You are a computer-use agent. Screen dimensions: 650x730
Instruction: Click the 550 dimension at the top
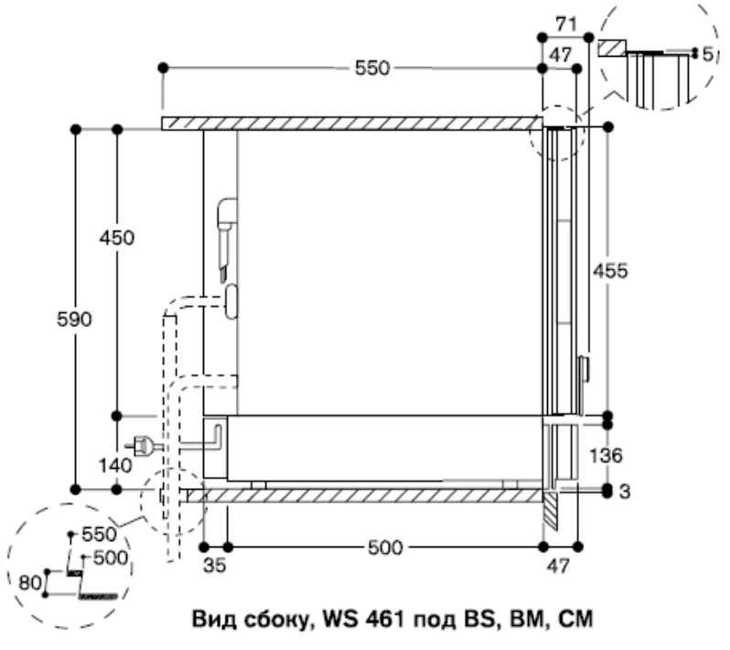[373, 67]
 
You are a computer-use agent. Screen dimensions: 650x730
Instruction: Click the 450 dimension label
[116, 238]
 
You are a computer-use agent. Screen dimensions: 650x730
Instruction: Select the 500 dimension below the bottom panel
[384, 547]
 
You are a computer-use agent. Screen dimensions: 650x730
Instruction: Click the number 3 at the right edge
[625, 492]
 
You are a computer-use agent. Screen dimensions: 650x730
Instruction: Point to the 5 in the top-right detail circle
[706, 55]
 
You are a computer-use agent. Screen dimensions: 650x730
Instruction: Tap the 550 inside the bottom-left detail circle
[98, 534]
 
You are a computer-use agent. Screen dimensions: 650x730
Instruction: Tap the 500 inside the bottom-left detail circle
[109, 557]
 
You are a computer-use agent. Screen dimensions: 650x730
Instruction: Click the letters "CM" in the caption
[574, 621]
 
